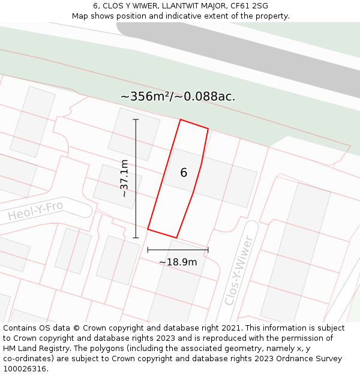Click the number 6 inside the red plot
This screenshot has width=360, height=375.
point(184,173)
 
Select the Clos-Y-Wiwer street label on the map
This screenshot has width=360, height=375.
point(239,270)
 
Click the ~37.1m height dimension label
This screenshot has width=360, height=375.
point(124,178)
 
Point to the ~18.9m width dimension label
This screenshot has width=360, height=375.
point(178,262)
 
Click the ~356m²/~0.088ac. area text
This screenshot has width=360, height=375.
point(178,96)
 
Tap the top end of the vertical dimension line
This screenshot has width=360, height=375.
point(136,119)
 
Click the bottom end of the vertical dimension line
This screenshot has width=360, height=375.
point(136,238)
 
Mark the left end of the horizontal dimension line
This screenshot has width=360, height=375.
point(148,250)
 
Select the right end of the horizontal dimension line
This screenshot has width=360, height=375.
point(208,250)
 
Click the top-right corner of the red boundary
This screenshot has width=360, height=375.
point(208,129)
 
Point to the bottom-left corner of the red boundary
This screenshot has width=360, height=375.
point(148,229)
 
